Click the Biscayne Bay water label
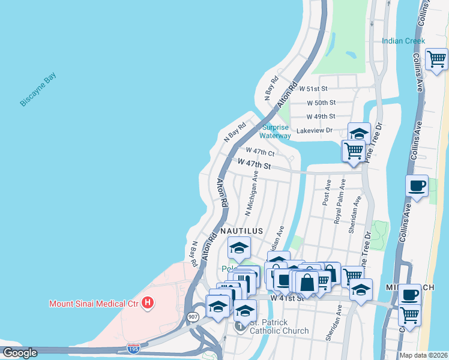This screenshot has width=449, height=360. [38, 89]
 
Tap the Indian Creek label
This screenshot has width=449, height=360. [403, 41]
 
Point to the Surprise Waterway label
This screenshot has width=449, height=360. [275, 131]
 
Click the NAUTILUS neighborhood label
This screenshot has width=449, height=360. [242, 230]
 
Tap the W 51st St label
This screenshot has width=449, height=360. [321, 88]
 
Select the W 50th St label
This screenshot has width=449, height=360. [321, 103]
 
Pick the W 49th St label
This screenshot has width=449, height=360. [321, 116]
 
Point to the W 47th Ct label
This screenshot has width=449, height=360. [261, 151]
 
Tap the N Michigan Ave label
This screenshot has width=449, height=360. [251, 193]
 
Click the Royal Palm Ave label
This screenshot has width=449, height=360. [339, 202]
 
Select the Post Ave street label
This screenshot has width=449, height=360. [326, 193]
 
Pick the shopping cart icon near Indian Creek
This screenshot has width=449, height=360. [436, 59]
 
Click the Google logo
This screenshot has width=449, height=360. [20, 353]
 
